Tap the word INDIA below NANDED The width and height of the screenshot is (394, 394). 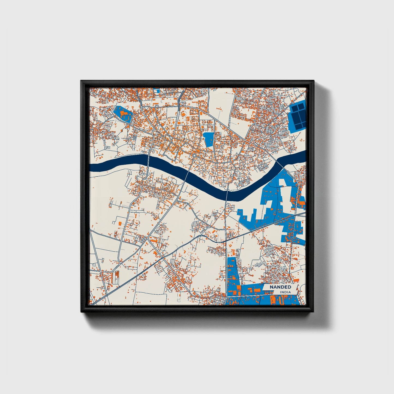pyautogui.click(x=285, y=292)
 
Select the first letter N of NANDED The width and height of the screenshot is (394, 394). pyautogui.click(x=272, y=287)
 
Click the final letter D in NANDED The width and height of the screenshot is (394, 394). pyautogui.click(x=289, y=287)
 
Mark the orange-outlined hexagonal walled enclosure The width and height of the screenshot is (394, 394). pyautogui.click(x=191, y=136)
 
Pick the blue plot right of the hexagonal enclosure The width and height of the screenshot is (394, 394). pyautogui.click(x=209, y=139)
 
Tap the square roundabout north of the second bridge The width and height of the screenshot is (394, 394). pyautogui.click(x=194, y=155)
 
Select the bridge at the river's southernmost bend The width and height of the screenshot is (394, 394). pyautogui.click(x=227, y=195)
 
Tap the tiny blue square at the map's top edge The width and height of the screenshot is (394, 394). pyautogui.click(x=157, y=90)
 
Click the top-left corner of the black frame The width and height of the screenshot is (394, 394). pyautogui.click(x=81, y=81)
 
